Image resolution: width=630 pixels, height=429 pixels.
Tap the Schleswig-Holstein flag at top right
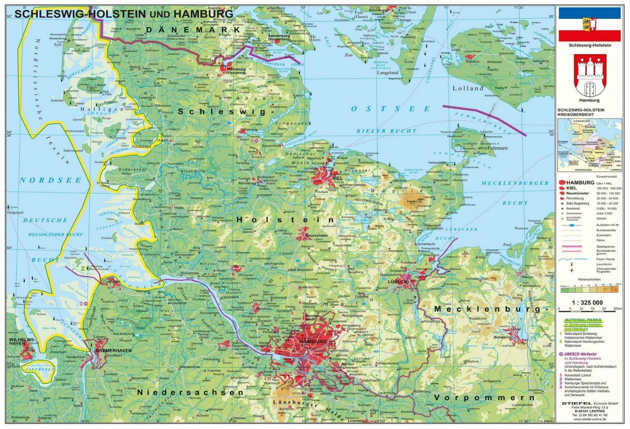tap(589, 24)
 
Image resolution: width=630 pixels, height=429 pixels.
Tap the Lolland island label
tap(468, 88)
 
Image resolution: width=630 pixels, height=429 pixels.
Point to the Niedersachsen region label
tap(190, 392)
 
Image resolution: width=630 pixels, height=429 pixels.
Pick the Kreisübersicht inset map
tap(589, 144)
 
